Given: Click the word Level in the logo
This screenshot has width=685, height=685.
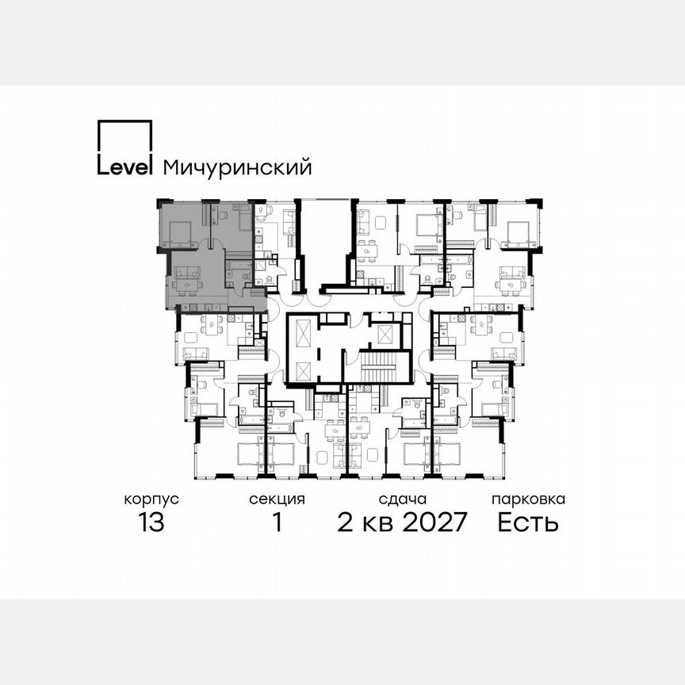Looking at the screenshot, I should pyautogui.click(x=124, y=167).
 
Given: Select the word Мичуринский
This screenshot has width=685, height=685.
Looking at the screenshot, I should pyautogui.click(x=236, y=167).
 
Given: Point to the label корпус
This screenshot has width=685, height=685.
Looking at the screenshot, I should pyautogui.click(x=151, y=499).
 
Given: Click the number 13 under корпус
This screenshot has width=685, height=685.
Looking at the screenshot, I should pyautogui.click(x=151, y=523).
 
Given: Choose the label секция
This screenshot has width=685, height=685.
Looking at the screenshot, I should pyautogui.click(x=277, y=499).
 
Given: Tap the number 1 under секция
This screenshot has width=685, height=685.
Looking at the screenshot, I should pyautogui.click(x=277, y=523).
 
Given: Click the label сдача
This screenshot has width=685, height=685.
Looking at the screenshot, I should pyautogui.click(x=403, y=499).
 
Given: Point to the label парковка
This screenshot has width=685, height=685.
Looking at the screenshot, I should pyautogui.click(x=528, y=499).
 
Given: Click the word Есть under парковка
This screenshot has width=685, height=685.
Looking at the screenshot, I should pyautogui.click(x=528, y=523).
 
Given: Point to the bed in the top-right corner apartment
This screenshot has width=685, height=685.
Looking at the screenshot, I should pyautogui.click(x=516, y=232).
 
